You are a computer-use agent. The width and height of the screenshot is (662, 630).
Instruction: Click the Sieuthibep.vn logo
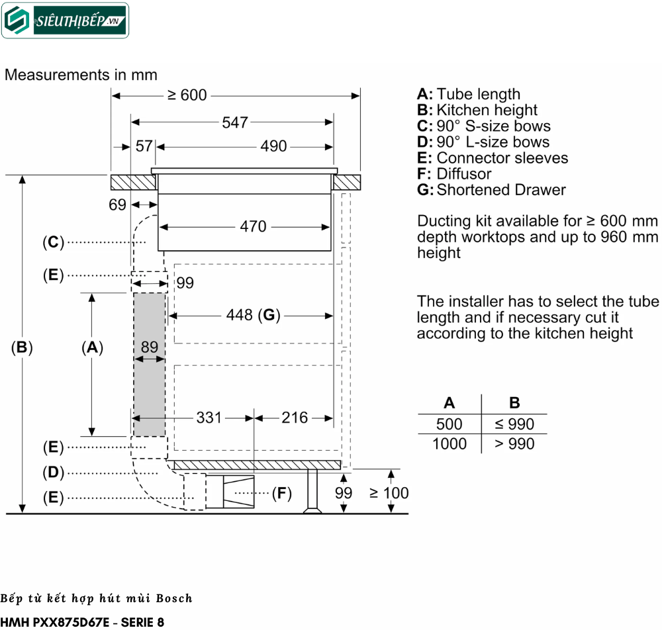(65, 21)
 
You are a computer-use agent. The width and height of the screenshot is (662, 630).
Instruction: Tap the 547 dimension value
(235, 122)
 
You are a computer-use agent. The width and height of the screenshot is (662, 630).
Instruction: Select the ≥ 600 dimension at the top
(187, 95)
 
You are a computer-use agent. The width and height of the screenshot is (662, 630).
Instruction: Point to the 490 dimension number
(273, 146)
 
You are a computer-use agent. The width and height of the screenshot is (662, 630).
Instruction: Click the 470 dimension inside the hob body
(253, 227)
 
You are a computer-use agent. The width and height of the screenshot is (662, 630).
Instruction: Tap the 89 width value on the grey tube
(150, 347)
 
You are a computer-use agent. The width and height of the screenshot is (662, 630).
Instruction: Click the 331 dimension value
(209, 418)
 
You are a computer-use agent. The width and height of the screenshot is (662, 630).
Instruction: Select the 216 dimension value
(295, 418)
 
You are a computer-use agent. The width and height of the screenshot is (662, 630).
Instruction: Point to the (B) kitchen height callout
(22, 347)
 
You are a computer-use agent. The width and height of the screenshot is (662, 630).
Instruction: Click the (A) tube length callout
(92, 347)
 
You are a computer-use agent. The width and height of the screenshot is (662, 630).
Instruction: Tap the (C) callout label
(53, 243)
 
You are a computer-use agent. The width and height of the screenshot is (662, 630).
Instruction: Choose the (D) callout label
(53, 472)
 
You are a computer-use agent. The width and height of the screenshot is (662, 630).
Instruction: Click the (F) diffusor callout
(282, 493)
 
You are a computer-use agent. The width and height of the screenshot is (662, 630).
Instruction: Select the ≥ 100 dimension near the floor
(389, 493)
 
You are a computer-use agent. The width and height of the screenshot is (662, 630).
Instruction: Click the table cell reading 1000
(449, 443)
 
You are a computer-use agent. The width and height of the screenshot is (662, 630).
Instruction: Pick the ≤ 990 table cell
(514, 424)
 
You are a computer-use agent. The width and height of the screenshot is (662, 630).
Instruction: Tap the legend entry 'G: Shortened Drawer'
(491, 190)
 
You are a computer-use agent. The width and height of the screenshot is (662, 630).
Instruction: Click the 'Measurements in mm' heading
(81, 75)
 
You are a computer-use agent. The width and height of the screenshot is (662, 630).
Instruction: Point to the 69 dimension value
(117, 205)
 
